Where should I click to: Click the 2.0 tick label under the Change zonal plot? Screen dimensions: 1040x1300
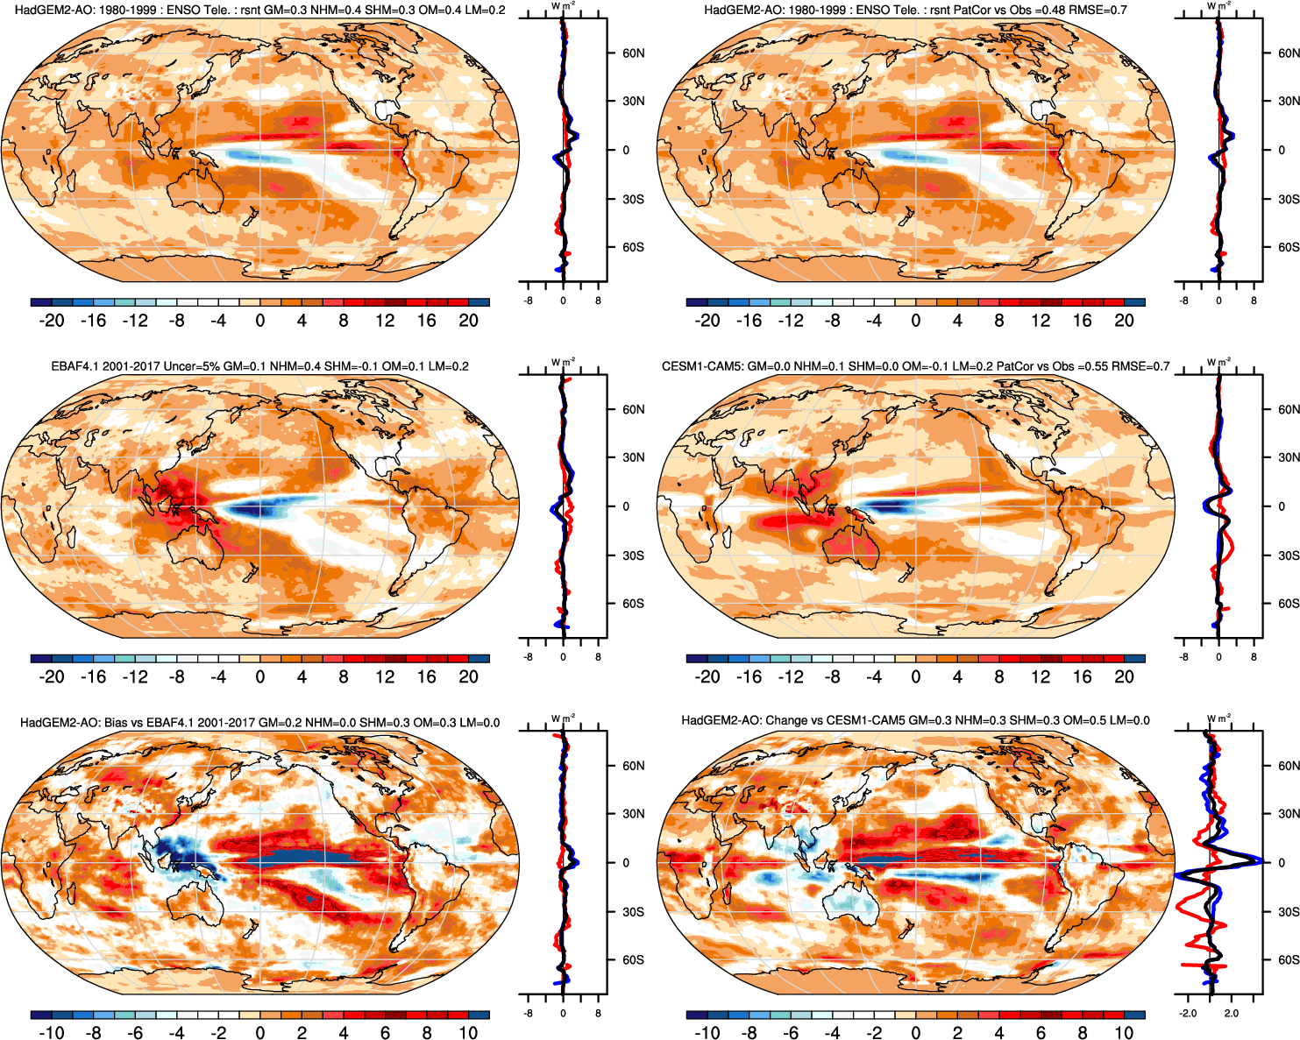(1232, 1014)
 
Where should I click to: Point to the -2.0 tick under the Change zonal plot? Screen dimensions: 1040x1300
(1187, 1014)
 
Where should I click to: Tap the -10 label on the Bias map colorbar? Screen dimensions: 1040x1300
(52, 1033)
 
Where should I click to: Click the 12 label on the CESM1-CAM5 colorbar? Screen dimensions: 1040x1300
(1041, 676)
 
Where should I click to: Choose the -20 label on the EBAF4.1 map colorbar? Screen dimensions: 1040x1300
(52, 676)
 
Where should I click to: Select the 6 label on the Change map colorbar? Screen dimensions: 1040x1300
(1041, 1033)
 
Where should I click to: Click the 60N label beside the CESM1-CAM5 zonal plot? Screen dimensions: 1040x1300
(1289, 409)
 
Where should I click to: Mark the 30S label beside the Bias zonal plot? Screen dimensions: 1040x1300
(633, 912)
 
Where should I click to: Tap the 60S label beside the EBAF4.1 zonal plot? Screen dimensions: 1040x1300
(633, 604)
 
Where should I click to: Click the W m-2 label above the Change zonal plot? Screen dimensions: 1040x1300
(1218, 718)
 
